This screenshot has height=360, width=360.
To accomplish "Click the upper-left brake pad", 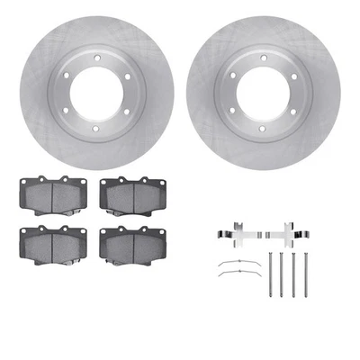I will click(x=46, y=192).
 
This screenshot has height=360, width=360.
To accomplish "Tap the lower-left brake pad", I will click(x=46, y=241).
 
